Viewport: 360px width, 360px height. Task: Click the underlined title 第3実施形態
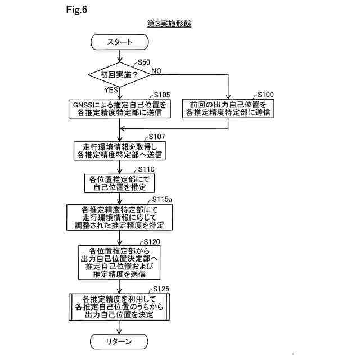click(168, 25)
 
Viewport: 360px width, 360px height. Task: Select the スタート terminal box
click(120, 42)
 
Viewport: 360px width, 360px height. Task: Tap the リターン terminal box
click(119, 341)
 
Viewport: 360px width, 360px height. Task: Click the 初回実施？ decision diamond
click(119, 74)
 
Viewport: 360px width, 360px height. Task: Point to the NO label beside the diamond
click(156, 70)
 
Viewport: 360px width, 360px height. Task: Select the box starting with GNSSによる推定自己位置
click(119, 109)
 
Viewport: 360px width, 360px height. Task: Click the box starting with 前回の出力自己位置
click(228, 109)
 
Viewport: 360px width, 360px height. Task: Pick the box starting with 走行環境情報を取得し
click(119, 150)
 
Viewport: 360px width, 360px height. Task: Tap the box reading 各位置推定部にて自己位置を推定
click(119, 183)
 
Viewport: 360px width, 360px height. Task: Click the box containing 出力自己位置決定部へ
click(119, 262)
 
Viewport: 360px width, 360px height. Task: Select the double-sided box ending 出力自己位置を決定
click(119, 307)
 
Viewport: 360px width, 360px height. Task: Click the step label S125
click(161, 289)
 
